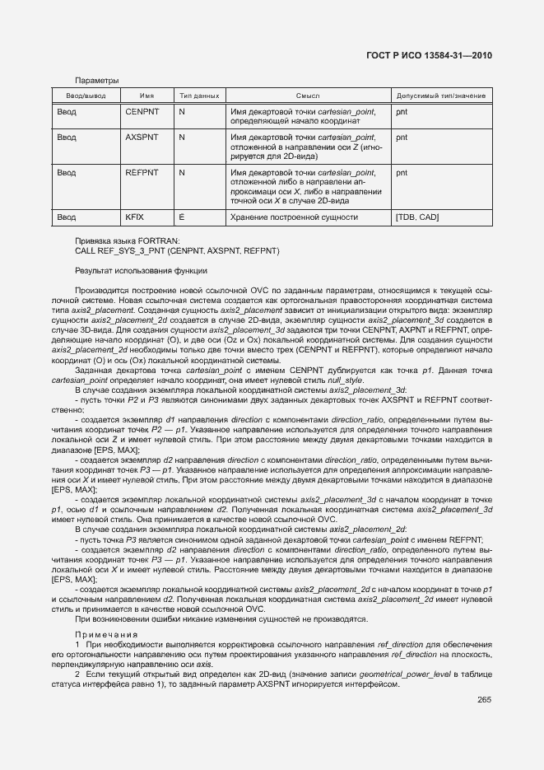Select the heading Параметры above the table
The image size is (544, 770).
tap(96, 81)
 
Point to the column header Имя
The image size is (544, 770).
tap(146, 96)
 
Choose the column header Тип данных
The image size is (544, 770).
tap(198, 96)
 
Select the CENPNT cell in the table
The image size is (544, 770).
tap(142, 111)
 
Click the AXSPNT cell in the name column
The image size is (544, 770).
tap(142, 138)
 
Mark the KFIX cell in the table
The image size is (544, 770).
tap(134, 217)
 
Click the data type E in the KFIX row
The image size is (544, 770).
tap(181, 217)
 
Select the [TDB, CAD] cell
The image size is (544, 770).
tap(417, 217)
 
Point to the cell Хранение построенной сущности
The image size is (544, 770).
tap(294, 217)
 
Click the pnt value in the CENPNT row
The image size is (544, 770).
tap(402, 111)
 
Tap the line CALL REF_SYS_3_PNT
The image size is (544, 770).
tap(177, 250)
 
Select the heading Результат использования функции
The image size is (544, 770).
tap(141, 270)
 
